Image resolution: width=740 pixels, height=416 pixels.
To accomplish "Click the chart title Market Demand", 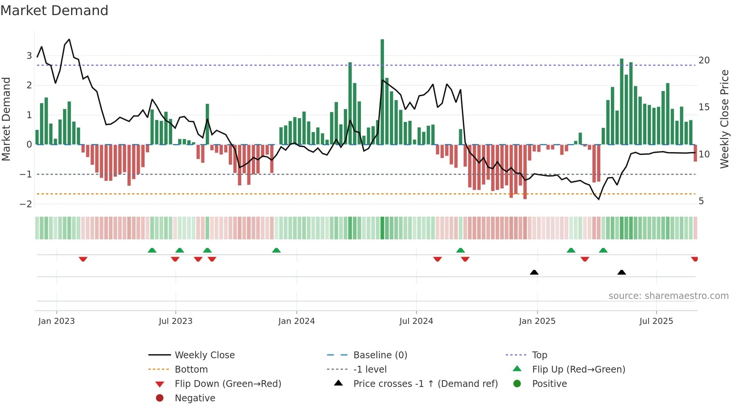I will coord(54,11).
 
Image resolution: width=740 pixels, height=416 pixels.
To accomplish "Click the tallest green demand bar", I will coord(382,91).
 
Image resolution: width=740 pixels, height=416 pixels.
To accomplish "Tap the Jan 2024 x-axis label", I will coord(296,321).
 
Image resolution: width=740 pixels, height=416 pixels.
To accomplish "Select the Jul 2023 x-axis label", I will coord(176,321).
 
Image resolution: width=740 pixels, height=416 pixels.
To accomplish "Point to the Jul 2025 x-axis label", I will coord(656,321).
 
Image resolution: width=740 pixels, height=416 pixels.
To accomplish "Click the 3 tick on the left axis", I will coord(29,56).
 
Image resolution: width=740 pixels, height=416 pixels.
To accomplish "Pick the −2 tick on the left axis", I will coord(26,204).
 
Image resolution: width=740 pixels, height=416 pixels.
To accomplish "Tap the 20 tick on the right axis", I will coord(704,60).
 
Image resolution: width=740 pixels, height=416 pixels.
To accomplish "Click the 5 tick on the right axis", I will coord(701,201).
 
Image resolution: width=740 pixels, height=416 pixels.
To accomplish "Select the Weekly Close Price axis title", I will coord(724,119).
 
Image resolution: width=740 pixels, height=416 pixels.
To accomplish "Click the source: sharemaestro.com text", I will coord(668,296).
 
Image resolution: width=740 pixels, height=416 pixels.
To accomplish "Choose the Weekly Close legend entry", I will coord(204,355).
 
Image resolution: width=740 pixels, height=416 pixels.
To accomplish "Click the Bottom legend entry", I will coord(191,370).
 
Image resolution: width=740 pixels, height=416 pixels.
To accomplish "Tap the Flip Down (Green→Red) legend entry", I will coord(228,384).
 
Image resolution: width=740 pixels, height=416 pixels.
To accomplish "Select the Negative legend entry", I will coord(195,398).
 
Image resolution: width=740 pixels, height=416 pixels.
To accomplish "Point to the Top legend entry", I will coord(540,355).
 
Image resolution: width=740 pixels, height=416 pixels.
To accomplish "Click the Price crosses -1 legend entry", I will coord(425,384).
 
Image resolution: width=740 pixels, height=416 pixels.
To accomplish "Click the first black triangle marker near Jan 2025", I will coord(534,272).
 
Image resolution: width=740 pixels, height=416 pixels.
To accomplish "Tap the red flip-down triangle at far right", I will coord(695,259).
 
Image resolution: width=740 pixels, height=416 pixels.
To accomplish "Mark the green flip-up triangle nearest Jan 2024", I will coord(276,250).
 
